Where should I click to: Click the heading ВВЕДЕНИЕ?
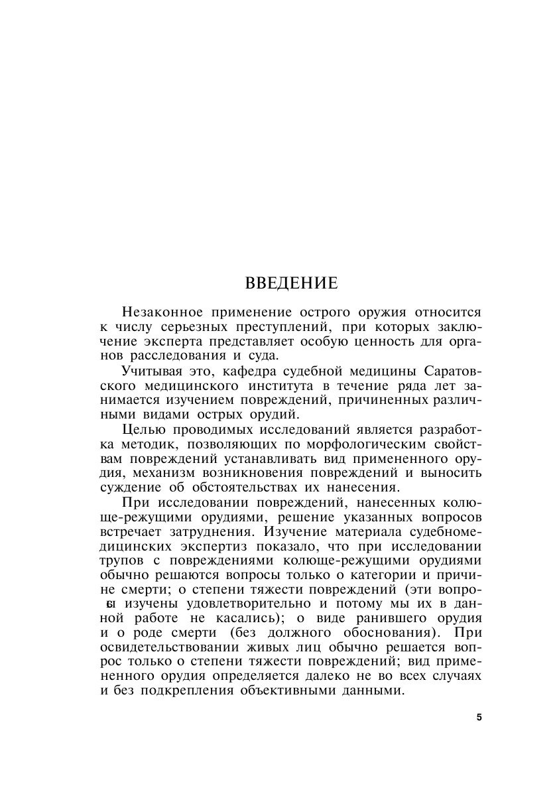pos(292,283)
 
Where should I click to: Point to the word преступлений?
pos(284,326)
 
